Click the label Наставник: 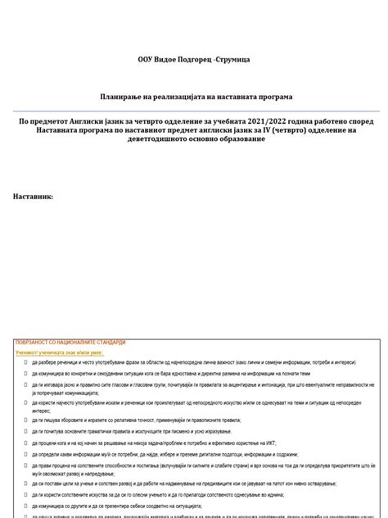[34, 196]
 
